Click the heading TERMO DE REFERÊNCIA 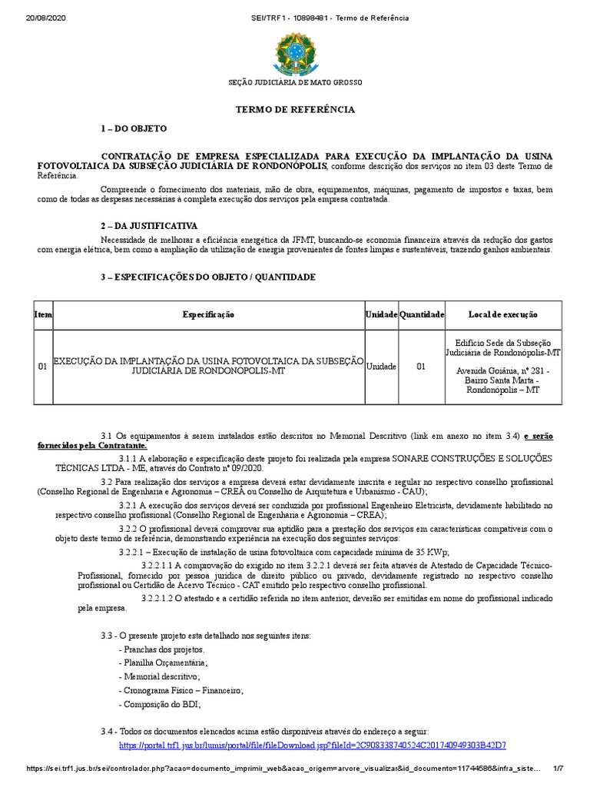coord(295,110)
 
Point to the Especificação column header coord(208,315)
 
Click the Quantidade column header coord(421,315)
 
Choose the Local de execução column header coord(503,315)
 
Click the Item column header coord(42,315)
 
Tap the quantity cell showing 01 coord(421,367)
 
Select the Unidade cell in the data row coord(381,367)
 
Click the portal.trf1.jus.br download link coord(313,745)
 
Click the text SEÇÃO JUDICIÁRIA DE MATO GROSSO coord(295,82)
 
